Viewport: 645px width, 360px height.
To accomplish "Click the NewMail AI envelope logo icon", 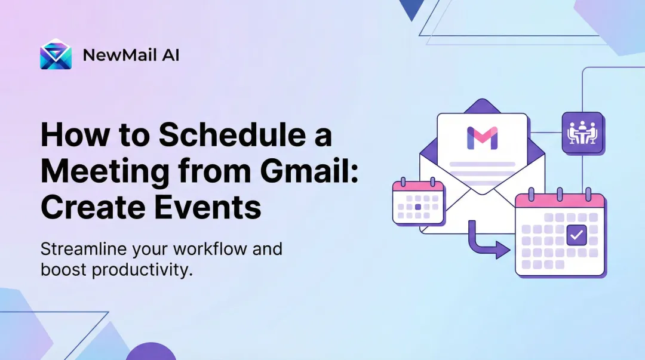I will click(x=56, y=55).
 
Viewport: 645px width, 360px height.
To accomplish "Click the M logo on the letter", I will click(x=482, y=138).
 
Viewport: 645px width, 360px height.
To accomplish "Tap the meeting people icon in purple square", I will click(x=582, y=133).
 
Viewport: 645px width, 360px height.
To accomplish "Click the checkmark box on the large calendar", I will click(x=576, y=235).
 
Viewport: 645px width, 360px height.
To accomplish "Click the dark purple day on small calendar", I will click(x=418, y=207).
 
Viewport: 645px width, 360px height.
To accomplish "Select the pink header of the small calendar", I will click(x=418, y=186).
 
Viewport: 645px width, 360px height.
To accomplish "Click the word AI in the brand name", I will click(x=171, y=56).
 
